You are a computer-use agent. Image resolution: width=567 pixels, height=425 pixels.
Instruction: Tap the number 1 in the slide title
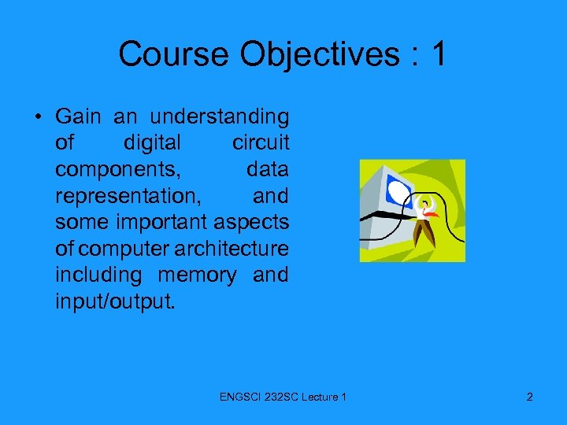(439, 54)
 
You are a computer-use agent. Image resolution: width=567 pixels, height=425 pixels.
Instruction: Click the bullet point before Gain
(38, 118)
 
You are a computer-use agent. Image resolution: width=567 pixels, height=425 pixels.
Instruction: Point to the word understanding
(219, 117)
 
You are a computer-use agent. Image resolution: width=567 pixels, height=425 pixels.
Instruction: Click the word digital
(152, 143)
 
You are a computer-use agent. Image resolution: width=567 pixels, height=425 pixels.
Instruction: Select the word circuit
(260, 143)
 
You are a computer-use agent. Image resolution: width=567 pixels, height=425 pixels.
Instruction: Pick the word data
(267, 170)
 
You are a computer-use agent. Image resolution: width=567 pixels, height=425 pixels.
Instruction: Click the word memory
(197, 275)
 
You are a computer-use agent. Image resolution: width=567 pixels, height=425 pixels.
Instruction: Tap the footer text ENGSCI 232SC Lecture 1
(283, 397)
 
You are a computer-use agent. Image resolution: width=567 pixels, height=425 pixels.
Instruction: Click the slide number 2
(529, 397)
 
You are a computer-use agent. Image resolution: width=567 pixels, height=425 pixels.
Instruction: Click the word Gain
(78, 117)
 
